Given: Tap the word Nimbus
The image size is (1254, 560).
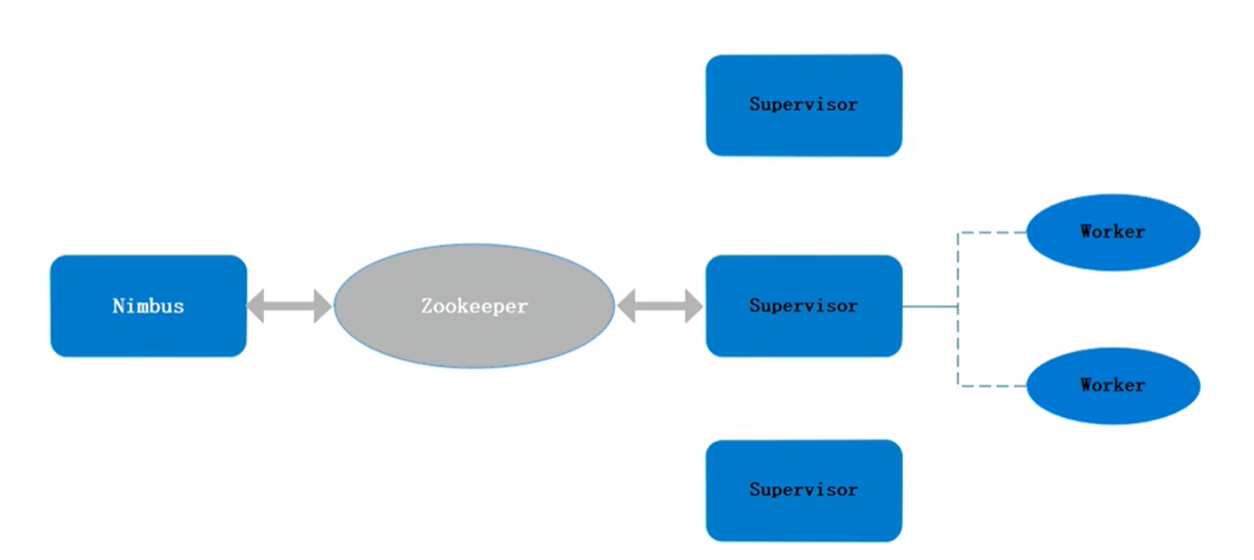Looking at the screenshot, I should point(148,306).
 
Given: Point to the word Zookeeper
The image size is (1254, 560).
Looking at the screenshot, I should point(473,306).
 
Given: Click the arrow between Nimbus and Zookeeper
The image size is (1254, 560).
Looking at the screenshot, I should point(290,306).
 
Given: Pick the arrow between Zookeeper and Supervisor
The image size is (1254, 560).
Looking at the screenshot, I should point(660,306).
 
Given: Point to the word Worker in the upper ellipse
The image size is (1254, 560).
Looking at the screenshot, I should point(1113,231).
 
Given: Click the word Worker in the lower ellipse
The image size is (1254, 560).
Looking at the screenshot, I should point(1113,385).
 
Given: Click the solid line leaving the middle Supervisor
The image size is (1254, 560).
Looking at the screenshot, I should point(929,307).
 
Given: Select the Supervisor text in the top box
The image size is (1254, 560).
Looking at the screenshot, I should point(803,103).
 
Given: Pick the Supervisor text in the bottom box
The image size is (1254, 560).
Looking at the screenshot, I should point(803,489).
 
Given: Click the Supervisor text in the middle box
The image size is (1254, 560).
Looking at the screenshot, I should point(803,306).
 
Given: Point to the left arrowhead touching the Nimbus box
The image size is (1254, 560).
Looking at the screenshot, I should point(257,306).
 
